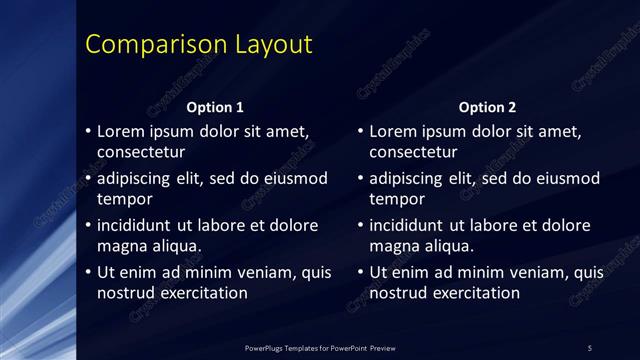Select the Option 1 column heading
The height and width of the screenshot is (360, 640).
tap(215, 107)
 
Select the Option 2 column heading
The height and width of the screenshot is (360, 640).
tap(487, 107)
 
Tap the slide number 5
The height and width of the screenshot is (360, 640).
tap(590, 347)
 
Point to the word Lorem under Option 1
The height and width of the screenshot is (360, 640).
tap(121, 131)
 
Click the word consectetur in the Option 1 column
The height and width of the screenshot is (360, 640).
tap(141, 152)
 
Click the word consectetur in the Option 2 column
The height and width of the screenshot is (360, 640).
tap(413, 152)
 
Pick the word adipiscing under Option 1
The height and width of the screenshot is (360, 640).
tap(136, 178)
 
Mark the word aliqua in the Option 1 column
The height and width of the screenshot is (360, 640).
tap(174, 245)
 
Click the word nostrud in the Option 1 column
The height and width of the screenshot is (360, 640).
tap(124, 292)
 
